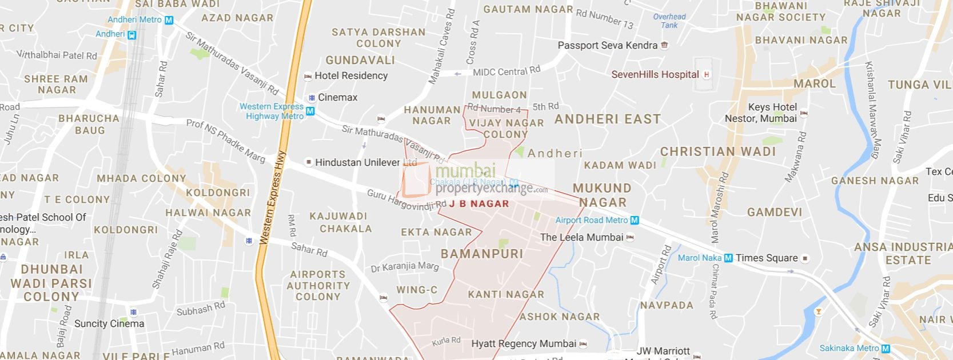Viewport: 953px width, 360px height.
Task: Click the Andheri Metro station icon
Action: tap(169, 20)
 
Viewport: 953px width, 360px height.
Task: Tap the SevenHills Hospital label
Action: tap(655, 74)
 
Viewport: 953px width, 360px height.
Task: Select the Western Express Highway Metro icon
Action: tap(310, 111)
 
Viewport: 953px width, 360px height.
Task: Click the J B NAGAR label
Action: tap(479, 203)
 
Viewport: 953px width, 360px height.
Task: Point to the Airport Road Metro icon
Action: tap(634, 221)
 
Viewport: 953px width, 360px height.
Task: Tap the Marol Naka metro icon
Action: tap(728, 258)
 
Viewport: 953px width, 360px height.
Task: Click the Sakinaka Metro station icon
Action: tap(886, 349)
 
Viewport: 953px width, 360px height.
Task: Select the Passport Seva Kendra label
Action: tap(607, 46)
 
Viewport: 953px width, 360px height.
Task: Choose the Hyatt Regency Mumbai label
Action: tap(524, 344)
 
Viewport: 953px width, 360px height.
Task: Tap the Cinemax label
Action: tap(337, 97)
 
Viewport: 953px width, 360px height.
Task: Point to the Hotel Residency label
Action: tap(350, 75)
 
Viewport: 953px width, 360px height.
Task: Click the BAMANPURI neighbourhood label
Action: tap(482, 253)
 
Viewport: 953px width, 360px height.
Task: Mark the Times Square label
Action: tap(766, 258)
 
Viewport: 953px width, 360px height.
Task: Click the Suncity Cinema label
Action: tap(109, 323)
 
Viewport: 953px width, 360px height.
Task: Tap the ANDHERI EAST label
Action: tap(607, 119)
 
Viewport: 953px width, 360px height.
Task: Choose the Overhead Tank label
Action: tap(669, 21)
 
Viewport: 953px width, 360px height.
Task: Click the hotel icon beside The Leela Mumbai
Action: tap(630, 238)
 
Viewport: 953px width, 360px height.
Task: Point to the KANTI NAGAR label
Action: tap(506, 295)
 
